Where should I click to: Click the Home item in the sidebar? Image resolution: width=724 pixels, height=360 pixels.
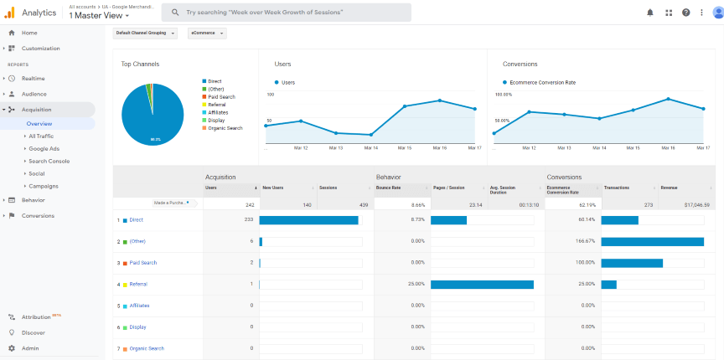pos(28,33)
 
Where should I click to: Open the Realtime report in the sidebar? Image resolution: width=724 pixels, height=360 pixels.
pos(33,78)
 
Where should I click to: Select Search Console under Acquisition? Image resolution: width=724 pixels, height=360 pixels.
pos(49,161)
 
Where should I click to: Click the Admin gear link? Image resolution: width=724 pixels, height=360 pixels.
pos(29,347)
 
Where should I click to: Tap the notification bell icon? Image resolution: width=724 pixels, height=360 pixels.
pos(650,13)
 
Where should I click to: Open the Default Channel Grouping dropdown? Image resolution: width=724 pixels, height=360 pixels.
pos(145,33)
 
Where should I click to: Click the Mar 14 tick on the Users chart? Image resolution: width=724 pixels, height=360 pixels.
pos(370,147)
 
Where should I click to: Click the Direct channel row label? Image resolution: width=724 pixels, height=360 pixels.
pos(136,220)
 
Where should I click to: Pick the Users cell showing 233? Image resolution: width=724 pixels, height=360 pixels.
pos(247,220)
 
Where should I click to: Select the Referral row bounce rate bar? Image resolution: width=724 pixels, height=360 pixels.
pos(482,284)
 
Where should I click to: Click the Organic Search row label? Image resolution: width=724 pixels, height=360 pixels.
pos(147,348)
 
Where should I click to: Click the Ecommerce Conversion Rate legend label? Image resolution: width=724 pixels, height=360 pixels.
pos(541,82)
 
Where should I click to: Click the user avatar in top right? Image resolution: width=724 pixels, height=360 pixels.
pos(716,13)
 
